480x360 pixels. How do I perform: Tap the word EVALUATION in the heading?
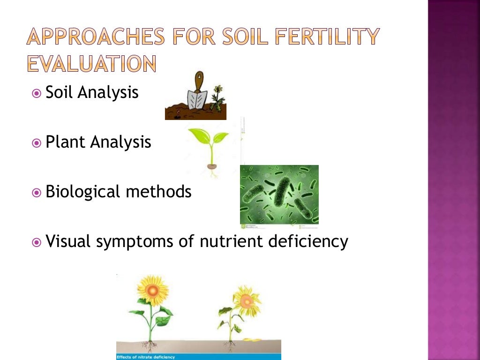click(91, 63)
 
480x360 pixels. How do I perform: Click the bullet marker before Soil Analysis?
click(37, 93)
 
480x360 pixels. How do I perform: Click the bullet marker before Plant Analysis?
click(37, 142)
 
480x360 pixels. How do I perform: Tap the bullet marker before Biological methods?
click(37, 192)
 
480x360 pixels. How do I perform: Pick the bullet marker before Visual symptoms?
click(37, 242)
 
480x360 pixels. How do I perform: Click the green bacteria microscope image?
click(279, 194)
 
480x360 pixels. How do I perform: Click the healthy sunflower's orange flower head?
click(152, 290)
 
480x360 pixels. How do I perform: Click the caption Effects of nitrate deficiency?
click(146, 357)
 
